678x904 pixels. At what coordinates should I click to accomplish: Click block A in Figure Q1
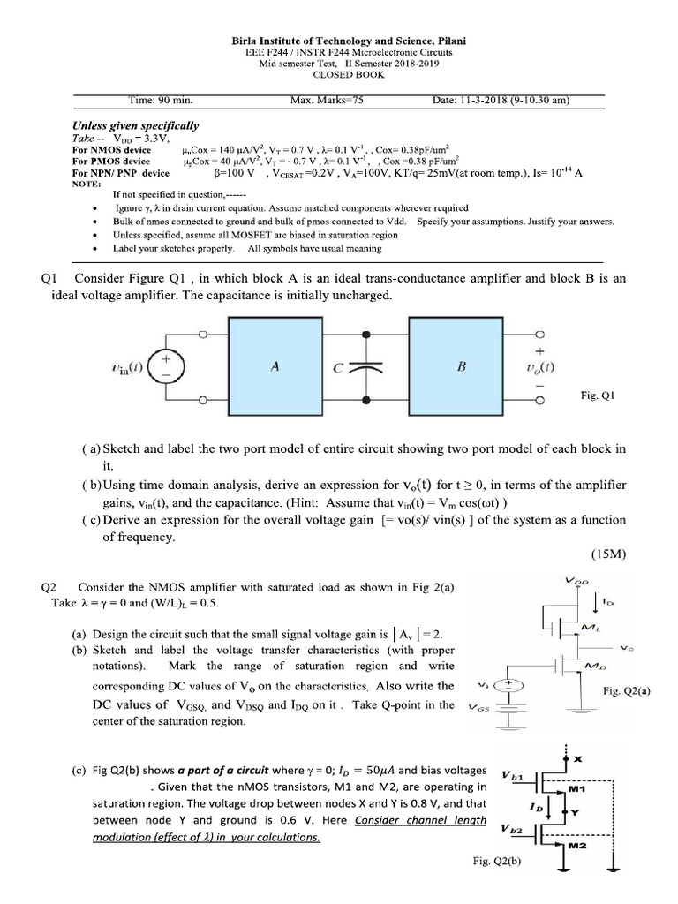275,368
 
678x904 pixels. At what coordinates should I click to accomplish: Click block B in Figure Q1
461,368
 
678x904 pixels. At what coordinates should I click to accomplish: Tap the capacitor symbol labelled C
358,370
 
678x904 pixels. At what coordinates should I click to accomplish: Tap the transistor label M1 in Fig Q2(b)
577,788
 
